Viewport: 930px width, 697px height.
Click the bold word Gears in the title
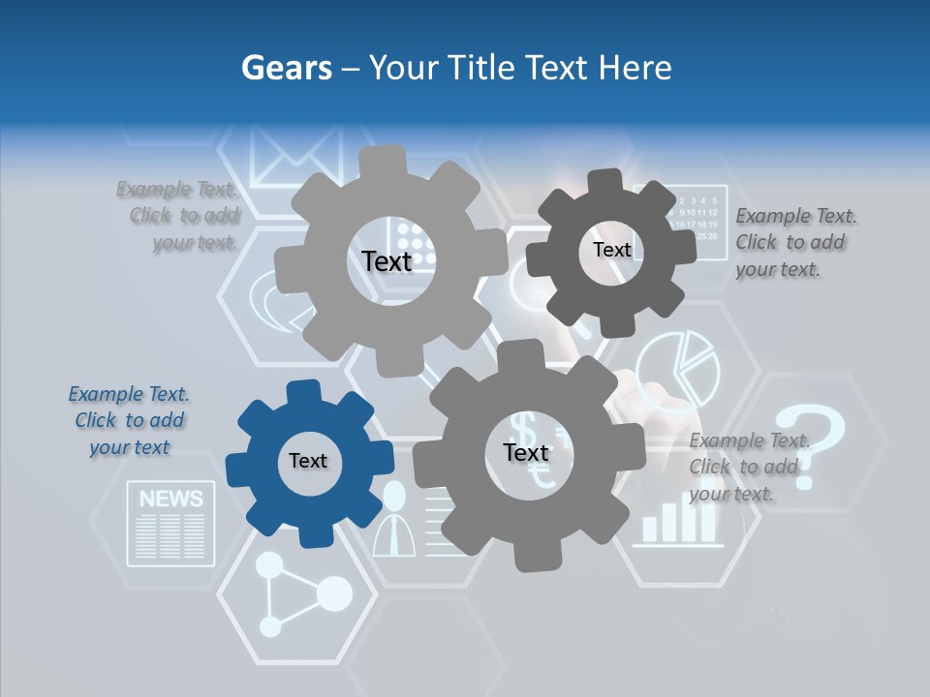286,68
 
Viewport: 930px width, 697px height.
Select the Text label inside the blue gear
308,462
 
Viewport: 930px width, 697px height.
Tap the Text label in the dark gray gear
612,250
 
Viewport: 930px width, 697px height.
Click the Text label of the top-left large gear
387,261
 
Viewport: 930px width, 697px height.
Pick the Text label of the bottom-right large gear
526,453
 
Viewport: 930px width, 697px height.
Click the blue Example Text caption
130,420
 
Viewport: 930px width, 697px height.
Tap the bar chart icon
678,521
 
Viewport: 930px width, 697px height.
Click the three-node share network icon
300,594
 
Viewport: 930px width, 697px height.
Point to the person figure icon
393,521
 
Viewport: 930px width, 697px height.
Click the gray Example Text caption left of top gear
178,215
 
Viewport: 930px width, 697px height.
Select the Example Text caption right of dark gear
795,242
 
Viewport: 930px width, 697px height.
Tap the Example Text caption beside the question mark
749,467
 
